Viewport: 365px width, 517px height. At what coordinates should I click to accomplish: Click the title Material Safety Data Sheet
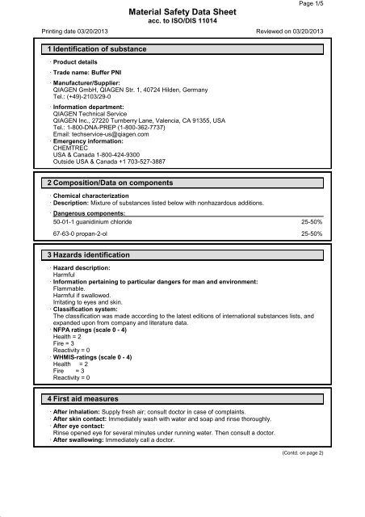point(182,11)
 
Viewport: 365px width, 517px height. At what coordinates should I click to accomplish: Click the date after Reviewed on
point(307,33)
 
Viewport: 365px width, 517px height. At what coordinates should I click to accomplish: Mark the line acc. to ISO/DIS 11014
point(182,22)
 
